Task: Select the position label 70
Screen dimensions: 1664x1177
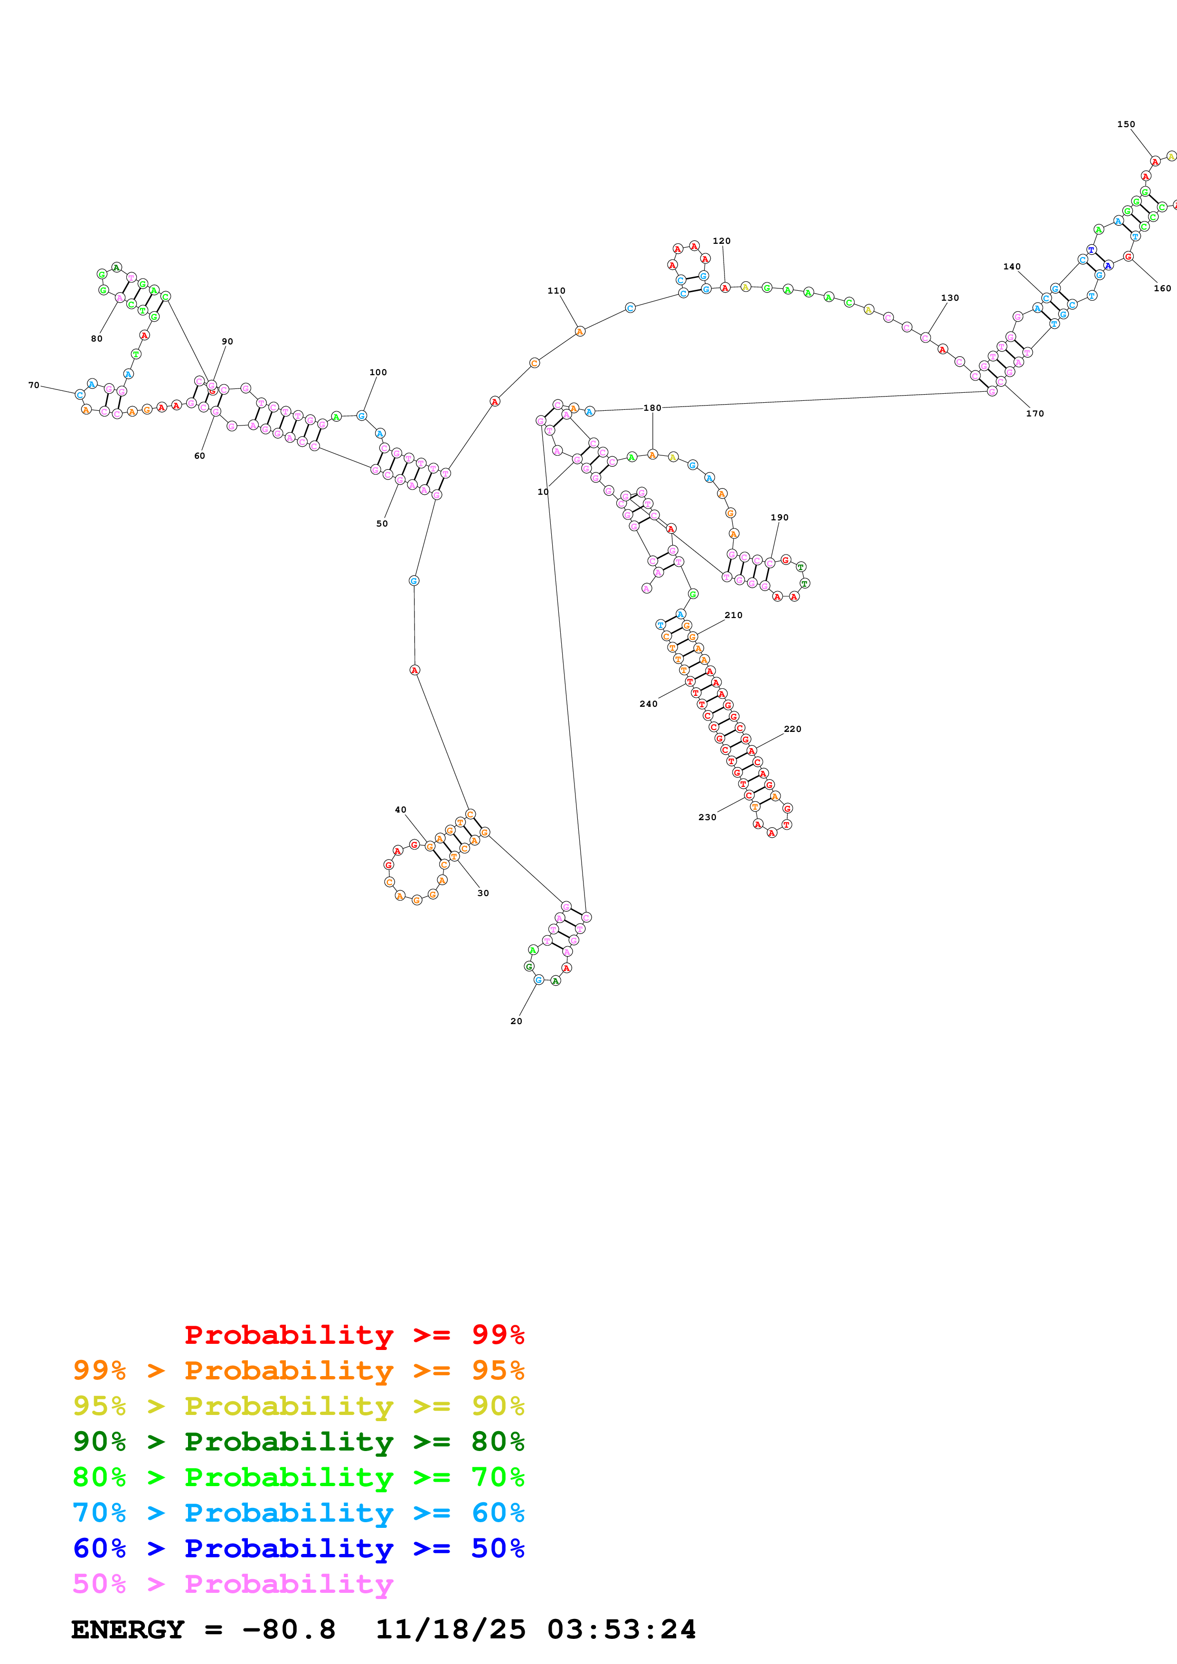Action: (33, 385)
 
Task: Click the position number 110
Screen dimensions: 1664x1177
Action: (556, 291)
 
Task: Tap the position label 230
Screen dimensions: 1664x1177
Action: (707, 817)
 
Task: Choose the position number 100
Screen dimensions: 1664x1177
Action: (378, 372)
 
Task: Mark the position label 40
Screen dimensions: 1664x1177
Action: (400, 810)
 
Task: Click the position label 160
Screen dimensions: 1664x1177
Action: (1162, 288)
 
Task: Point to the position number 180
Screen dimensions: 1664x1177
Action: (652, 408)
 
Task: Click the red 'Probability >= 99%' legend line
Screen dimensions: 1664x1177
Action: (354, 1334)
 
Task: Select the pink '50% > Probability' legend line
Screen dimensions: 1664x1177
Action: (233, 1583)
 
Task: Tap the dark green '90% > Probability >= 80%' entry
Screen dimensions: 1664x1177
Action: (298, 1442)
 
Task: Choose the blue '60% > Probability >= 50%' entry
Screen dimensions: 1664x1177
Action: (298, 1548)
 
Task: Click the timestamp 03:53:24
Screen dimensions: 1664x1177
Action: (621, 1629)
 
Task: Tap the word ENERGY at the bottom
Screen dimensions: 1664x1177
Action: (128, 1629)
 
